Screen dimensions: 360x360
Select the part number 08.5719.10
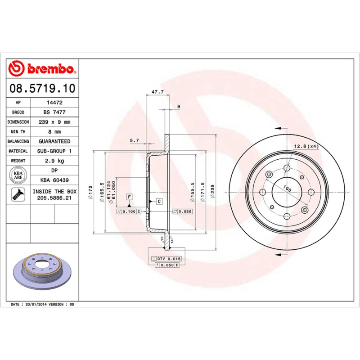pyautogui.click(x=43, y=88)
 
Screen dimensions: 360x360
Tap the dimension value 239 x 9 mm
pyautogui.click(x=54, y=122)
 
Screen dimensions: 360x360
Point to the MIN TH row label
pyautogui.click(x=18, y=132)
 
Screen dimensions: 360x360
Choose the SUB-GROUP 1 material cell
pyautogui.click(x=54, y=151)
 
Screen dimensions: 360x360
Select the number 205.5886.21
pyautogui.click(x=54, y=198)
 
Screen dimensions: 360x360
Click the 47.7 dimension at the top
pyautogui.click(x=157, y=92)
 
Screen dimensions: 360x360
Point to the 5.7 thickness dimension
pyautogui.click(x=135, y=140)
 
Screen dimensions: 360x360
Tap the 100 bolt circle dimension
pyautogui.click(x=287, y=189)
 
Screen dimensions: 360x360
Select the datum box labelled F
pyautogui.click(x=129, y=197)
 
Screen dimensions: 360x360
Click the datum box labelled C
pyautogui.click(x=159, y=201)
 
